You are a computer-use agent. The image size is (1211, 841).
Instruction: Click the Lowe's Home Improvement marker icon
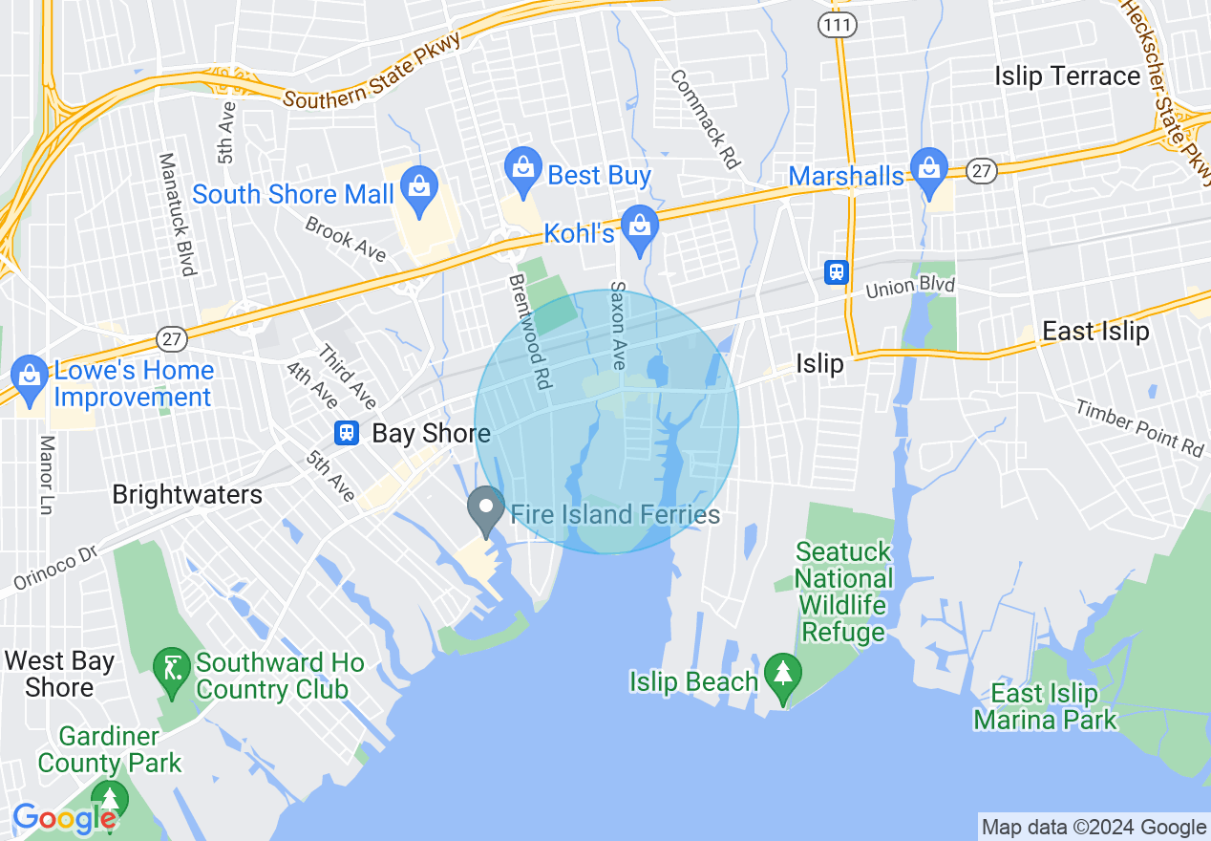click(x=31, y=374)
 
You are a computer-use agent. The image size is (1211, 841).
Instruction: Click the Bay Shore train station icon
click(x=347, y=433)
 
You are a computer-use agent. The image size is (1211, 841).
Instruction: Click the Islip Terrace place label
click(x=1067, y=75)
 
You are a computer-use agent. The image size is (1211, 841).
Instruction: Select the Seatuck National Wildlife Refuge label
click(x=844, y=592)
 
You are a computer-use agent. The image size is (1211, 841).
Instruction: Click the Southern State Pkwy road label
click(x=372, y=72)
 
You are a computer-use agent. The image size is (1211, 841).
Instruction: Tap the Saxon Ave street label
click(x=618, y=326)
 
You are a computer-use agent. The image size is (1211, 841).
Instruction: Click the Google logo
click(x=65, y=819)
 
